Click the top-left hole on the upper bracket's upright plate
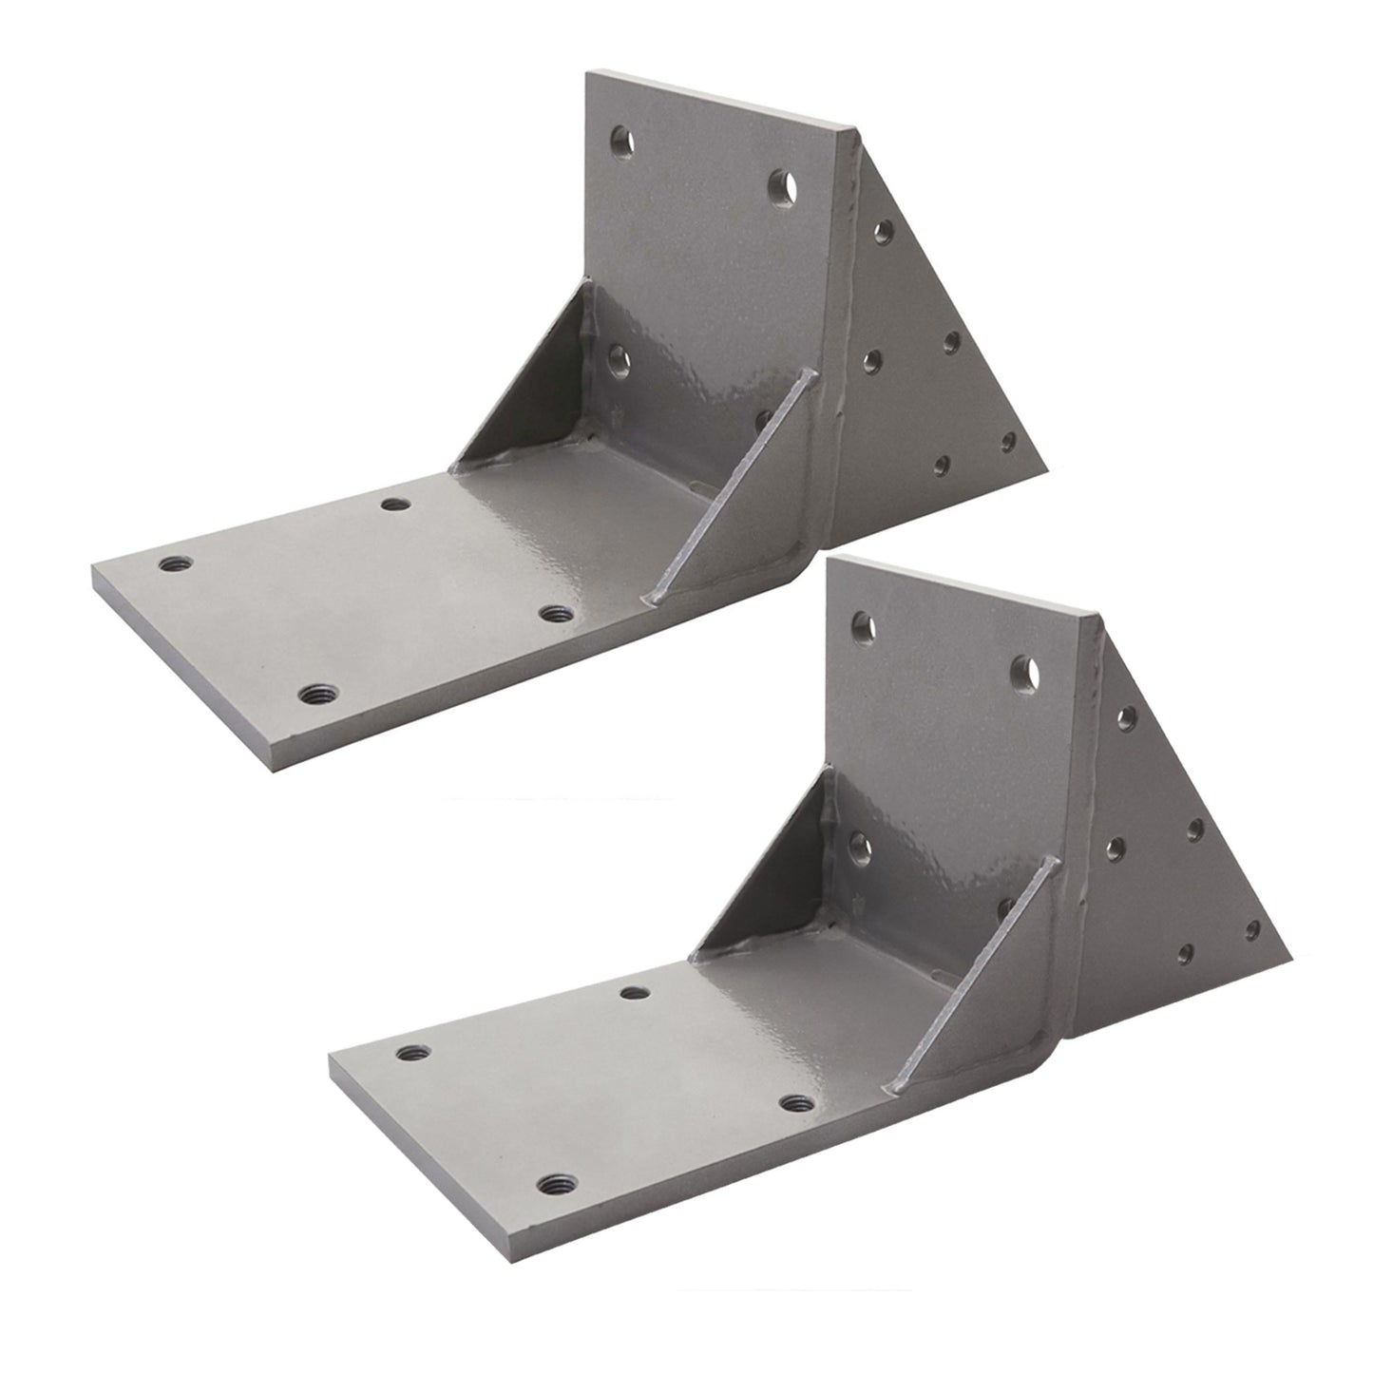(623, 142)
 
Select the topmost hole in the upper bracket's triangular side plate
(883, 229)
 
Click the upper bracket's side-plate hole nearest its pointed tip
(1008, 442)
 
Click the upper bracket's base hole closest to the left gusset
(392, 504)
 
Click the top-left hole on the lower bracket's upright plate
(864, 623)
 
